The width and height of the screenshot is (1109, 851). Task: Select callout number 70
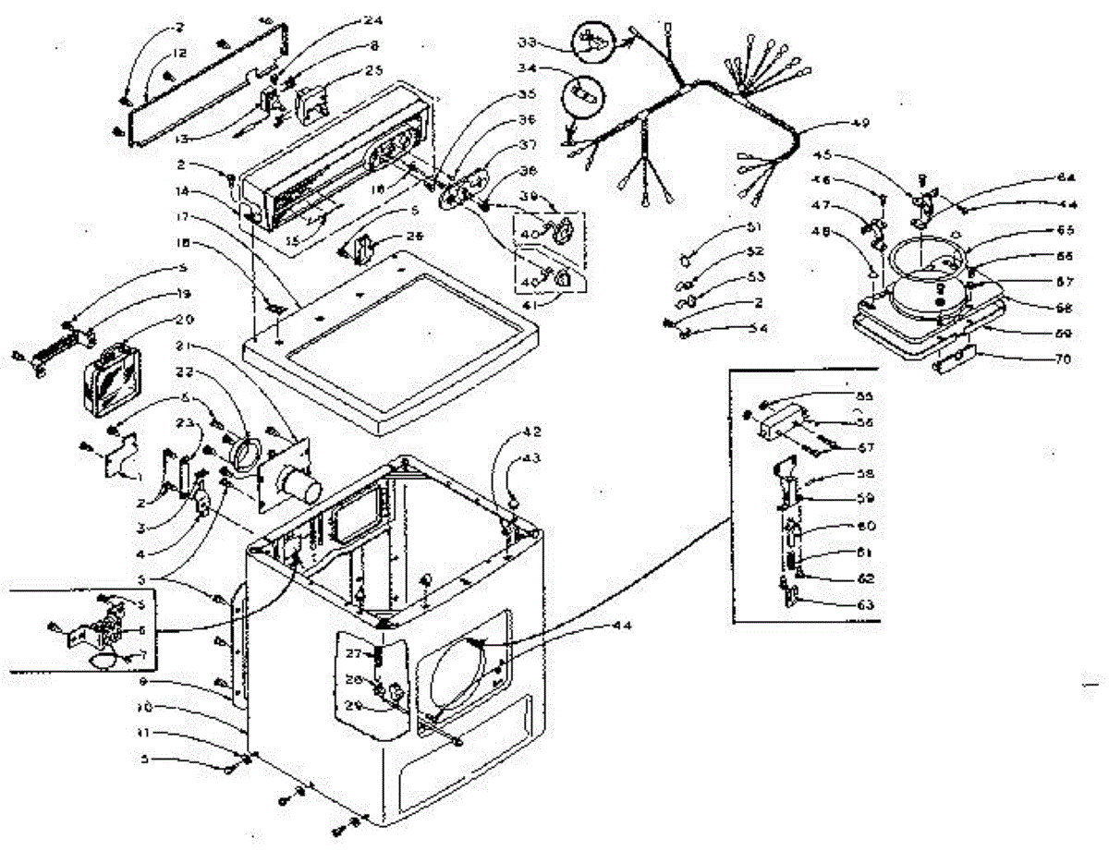(1061, 359)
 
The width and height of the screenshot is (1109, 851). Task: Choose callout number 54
(758, 328)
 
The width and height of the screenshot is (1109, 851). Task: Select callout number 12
(178, 53)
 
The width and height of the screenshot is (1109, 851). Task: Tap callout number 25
(347, 70)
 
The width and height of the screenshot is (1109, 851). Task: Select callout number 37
(527, 144)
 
